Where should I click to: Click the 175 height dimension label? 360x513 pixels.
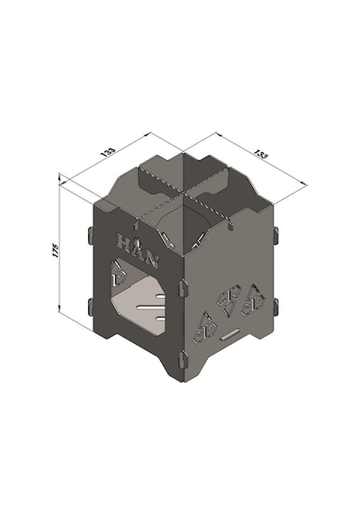(x=55, y=250)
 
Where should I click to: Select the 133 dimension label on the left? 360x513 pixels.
(x=109, y=152)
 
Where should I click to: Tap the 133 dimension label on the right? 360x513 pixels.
(x=261, y=154)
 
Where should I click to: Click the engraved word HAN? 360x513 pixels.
(x=138, y=250)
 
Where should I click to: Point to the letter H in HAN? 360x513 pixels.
(x=123, y=241)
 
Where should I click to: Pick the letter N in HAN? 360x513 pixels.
(x=152, y=260)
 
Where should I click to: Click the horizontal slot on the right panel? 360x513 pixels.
(x=229, y=335)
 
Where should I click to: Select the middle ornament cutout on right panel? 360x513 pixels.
(x=229, y=299)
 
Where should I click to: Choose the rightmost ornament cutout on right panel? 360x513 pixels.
(x=252, y=299)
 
